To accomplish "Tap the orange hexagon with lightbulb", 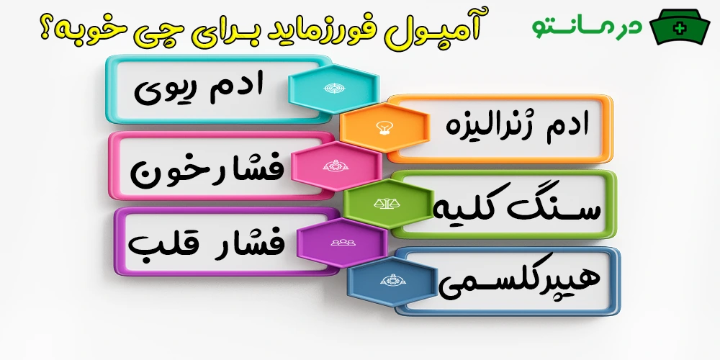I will [x=383, y=127].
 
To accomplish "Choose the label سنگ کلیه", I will [x=510, y=207].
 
